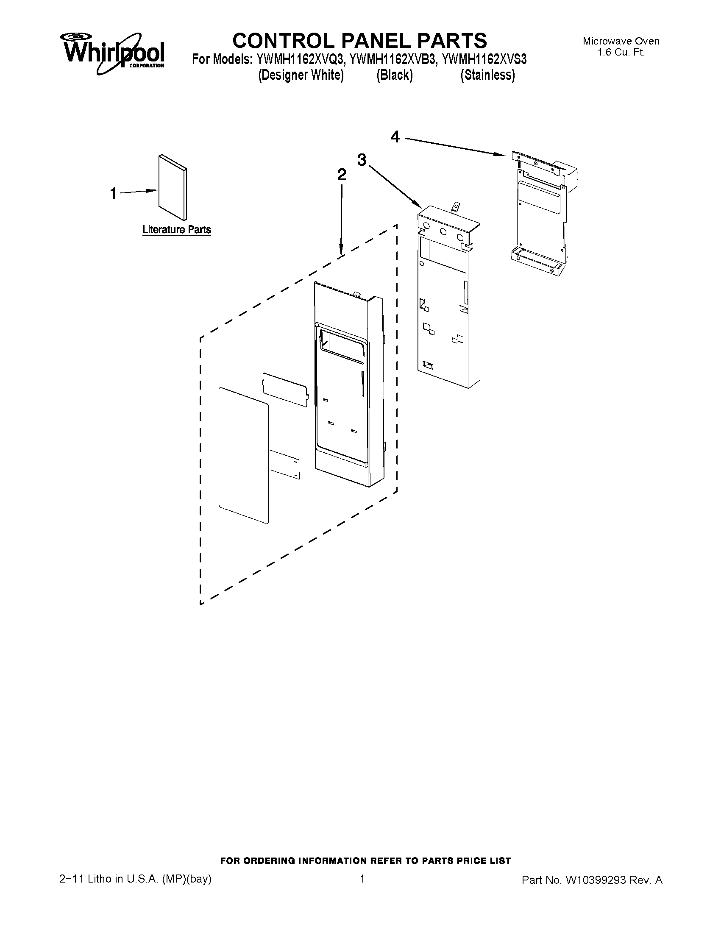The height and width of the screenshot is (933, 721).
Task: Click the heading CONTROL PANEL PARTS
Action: click(359, 41)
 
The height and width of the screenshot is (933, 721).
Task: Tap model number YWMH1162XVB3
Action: click(393, 59)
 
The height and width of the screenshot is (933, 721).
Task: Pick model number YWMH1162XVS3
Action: click(484, 59)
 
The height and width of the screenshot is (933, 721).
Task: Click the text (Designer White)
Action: click(301, 75)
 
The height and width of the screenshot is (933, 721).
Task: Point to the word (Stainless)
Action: click(487, 75)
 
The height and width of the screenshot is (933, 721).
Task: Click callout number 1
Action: click(113, 194)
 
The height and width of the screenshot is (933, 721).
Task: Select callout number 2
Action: click(341, 175)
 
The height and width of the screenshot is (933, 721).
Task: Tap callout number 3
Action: click(362, 160)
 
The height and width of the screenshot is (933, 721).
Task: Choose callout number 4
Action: click(395, 137)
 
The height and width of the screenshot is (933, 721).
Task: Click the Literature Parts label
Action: click(176, 230)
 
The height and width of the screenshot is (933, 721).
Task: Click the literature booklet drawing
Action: click(172, 186)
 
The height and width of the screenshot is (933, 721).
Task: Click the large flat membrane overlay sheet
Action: click(244, 455)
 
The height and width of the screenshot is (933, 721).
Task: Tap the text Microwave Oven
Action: click(621, 41)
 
